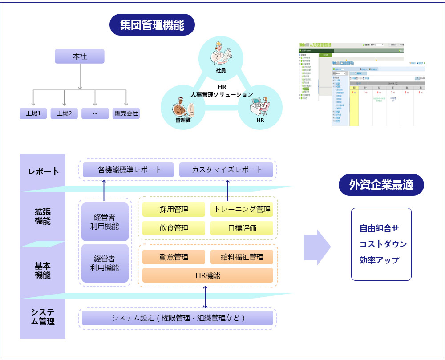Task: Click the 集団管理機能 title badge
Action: tap(152, 25)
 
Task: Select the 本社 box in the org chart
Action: tap(80, 57)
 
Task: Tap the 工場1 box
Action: tap(33, 113)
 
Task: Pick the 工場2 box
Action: tap(64, 113)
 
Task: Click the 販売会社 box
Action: tap(126, 113)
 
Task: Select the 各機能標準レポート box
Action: tap(129, 170)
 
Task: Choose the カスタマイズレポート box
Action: tap(227, 170)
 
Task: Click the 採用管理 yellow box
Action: tap(174, 210)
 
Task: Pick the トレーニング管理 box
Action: tap(242, 210)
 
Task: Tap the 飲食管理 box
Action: tap(174, 228)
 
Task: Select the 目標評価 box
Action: tap(242, 228)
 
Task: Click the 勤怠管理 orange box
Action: tap(174, 257)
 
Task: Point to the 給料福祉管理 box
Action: tap(242, 257)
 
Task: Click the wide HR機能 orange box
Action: tap(207, 275)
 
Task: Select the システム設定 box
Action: tap(178, 318)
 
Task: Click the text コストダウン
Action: tap(383, 244)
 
